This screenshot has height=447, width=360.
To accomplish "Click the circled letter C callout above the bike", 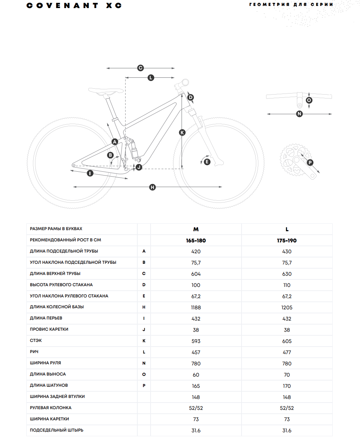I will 141,68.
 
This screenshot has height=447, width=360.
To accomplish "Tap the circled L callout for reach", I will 151,77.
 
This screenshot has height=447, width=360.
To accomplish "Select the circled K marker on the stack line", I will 182,132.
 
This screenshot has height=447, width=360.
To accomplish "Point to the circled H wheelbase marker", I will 152,187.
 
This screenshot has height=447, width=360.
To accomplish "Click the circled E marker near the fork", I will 207,161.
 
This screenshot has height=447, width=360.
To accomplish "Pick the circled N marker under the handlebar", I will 299,114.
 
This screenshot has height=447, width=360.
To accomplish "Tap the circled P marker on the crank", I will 310,163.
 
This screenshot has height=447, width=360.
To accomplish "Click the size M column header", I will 196,229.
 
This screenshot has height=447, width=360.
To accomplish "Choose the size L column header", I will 287,229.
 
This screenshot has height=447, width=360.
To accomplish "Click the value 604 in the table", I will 196,274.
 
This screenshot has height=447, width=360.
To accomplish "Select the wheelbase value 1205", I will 287,308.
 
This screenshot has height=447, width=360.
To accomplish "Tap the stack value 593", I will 196,341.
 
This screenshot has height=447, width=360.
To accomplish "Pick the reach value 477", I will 287,352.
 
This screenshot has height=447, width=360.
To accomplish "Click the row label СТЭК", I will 36,341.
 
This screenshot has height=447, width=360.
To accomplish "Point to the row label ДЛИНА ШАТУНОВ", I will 49,385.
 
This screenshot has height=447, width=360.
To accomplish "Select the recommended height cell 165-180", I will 196,241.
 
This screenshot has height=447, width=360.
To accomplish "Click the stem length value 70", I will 287,375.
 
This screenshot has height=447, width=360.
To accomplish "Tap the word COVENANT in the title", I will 62,6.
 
